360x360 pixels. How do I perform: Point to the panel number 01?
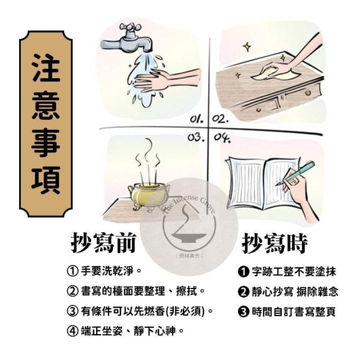tap(197, 119)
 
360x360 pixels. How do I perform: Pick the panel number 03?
tap(196, 137)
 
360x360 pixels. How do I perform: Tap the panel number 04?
tap(222, 138)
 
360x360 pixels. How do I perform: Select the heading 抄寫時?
tap(274, 244)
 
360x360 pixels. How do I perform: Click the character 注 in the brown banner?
tap(46, 68)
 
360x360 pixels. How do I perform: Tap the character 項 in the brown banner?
tap(46, 181)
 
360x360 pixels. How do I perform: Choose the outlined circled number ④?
tap(73, 331)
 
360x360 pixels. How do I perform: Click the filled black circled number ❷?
tap(244, 292)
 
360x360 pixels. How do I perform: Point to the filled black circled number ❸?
tap(244, 312)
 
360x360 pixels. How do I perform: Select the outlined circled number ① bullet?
tap(73, 271)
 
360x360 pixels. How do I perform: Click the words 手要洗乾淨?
tap(107, 271)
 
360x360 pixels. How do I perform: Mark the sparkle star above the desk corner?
tap(247, 47)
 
